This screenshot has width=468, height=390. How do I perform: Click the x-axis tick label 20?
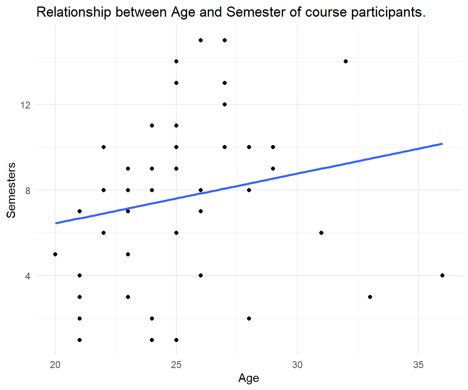click(55, 365)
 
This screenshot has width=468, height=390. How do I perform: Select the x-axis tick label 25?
click(176, 365)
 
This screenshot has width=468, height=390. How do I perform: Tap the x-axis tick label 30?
click(297, 365)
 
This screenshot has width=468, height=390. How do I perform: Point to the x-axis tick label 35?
click(418, 365)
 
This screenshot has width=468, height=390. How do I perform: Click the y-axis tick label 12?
click(26, 105)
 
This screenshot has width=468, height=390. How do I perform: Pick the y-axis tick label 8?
click(28, 191)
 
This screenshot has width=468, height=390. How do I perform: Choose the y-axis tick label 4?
click(28, 276)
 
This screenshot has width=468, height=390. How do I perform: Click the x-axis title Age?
click(249, 378)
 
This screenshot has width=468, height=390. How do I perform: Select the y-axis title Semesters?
click(11, 191)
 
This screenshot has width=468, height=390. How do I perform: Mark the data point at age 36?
click(442, 275)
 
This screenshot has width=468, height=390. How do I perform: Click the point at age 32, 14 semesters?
click(346, 61)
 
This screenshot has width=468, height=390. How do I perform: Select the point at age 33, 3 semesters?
click(370, 297)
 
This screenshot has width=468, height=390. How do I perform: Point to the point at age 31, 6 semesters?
click(321, 233)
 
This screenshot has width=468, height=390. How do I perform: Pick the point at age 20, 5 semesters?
click(55, 254)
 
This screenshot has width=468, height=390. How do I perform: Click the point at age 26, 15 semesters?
click(201, 40)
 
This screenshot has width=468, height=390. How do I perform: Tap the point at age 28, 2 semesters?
click(249, 318)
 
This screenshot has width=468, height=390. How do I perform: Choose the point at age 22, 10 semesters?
click(104, 147)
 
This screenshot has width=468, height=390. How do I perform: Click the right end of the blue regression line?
click(442, 144)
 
